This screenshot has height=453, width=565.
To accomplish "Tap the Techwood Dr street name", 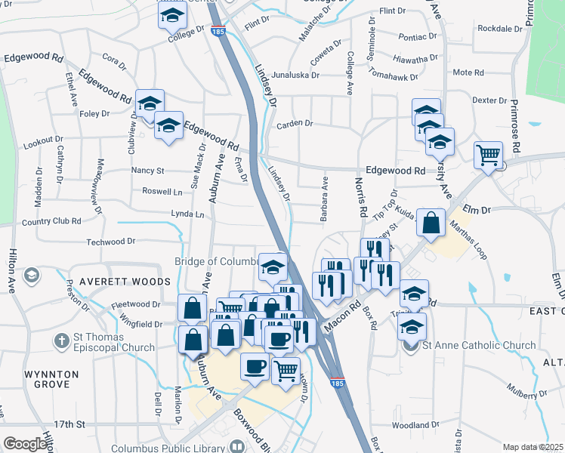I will pyautogui.click(x=110, y=242).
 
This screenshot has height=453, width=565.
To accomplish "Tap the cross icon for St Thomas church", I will pyautogui.click(x=62, y=341).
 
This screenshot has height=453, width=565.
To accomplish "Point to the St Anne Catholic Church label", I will pyautogui.click(x=478, y=346).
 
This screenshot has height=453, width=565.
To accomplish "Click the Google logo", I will pyautogui.click(x=25, y=444).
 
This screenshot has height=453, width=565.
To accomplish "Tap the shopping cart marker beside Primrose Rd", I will pyautogui.click(x=489, y=156).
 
